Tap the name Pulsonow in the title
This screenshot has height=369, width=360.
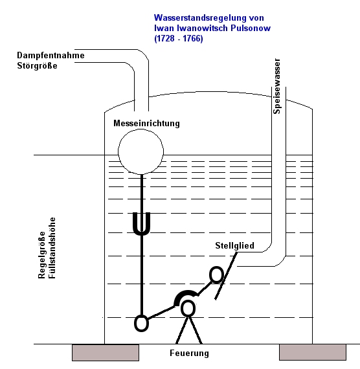[251, 28]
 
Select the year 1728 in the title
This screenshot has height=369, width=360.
[166, 38]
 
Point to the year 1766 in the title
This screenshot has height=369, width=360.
[192, 38]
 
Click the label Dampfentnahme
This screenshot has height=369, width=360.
[51, 55]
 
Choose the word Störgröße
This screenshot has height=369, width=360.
[37, 65]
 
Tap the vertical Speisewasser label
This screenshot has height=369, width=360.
[276, 86]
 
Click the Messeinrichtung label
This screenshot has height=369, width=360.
[146, 123]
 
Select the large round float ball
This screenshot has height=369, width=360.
[141, 151]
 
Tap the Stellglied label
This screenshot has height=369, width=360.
[234, 245]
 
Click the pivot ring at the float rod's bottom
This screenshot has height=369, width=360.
[141, 323]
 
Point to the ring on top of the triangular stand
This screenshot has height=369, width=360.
[188, 309]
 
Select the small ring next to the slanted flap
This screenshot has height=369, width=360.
[216, 274]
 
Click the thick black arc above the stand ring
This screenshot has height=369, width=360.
[186, 293]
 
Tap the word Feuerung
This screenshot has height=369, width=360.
[189, 353]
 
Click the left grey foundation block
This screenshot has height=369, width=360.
[106, 353]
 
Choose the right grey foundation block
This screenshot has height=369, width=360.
[313, 352]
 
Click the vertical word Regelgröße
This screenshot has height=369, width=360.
[41, 255]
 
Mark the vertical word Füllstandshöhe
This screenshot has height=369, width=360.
[52, 248]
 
